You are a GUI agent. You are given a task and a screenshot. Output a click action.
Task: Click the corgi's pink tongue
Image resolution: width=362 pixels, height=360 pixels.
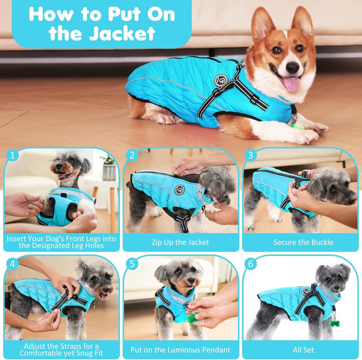(x=291, y=83)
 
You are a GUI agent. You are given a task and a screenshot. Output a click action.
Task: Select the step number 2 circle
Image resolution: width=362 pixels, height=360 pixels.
(x=132, y=155)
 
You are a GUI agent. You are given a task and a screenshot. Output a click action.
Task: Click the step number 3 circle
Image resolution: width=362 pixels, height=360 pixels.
(x=251, y=155)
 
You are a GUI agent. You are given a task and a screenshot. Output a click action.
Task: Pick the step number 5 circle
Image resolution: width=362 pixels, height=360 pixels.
(x=132, y=263)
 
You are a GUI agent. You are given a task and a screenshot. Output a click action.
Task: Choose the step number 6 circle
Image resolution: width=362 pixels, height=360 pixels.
(x=251, y=263)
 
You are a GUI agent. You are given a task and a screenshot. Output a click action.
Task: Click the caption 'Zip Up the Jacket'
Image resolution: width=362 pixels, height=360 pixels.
(x=180, y=242)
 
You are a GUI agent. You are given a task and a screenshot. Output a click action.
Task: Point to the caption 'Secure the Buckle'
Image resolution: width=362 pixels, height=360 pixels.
(x=303, y=242)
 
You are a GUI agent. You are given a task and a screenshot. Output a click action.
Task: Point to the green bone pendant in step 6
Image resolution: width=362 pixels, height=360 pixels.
(x=333, y=322)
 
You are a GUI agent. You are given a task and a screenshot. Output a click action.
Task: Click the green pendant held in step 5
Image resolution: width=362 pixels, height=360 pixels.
(x=192, y=318)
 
